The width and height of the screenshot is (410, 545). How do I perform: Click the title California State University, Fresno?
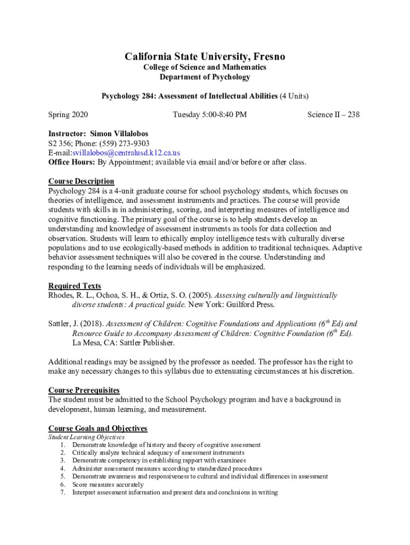[x=205, y=56]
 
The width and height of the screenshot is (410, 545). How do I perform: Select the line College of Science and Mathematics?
[x=205, y=68]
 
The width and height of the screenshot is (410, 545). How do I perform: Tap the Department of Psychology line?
[x=205, y=77]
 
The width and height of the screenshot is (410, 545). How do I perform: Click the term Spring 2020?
[x=68, y=114]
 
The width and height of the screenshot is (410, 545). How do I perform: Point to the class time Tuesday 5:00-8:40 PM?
[x=210, y=114]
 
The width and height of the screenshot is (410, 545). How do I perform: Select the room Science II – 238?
[x=333, y=114]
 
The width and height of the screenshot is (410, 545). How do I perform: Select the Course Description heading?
[x=81, y=181]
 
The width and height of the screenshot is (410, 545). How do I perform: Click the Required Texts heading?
[x=75, y=286]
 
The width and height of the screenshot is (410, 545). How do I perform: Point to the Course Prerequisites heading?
[x=84, y=390]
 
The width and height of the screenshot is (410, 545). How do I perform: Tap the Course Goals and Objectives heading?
[x=98, y=428]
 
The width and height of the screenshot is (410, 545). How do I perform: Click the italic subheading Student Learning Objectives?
[x=86, y=437]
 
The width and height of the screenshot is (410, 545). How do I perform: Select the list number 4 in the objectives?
[x=63, y=469]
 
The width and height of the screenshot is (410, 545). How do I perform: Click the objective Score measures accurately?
[x=108, y=485]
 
